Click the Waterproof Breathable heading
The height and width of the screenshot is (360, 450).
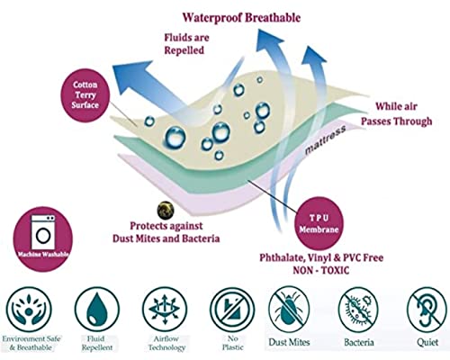(x=241, y=18)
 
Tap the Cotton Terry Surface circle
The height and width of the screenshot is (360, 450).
(x=85, y=94)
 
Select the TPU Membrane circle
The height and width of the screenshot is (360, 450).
(x=319, y=223)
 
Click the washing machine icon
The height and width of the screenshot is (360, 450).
(x=43, y=231)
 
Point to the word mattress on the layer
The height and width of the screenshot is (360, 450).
(x=325, y=139)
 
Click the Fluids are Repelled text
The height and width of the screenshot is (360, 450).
(x=186, y=44)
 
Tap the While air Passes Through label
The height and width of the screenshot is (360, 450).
(x=396, y=113)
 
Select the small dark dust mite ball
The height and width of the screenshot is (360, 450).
(x=166, y=210)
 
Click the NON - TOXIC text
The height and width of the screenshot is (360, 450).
(x=321, y=270)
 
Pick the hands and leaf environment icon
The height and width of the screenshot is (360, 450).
(x=29, y=309)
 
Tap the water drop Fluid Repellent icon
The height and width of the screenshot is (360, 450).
(x=97, y=309)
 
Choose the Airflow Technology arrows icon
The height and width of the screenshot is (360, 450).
(x=165, y=309)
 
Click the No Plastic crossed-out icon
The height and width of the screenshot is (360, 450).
(x=232, y=309)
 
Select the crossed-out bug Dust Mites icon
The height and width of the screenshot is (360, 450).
(x=289, y=309)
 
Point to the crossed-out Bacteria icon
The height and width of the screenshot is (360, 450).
(x=358, y=309)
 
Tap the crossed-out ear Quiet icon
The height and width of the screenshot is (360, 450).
(x=427, y=309)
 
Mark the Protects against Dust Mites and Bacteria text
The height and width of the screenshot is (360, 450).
(x=166, y=232)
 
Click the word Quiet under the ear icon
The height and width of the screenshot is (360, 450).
(x=427, y=342)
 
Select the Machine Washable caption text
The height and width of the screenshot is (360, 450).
(x=43, y=255)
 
